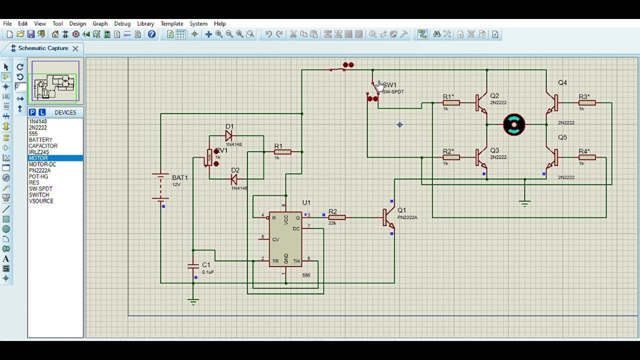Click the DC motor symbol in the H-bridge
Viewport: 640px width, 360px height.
coord(514,125)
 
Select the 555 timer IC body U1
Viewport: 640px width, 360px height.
coord(285,239)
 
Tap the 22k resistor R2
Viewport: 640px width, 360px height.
coord(336,217)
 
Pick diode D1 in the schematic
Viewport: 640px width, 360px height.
coord(229,135)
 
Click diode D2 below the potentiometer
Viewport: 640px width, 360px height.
coord(233,178)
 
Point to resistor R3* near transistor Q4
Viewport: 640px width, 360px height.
coord(587,103)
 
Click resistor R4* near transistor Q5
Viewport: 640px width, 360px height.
coord(587,157)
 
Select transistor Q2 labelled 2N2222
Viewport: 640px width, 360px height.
coord(481,103)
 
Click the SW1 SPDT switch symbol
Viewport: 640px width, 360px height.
coord(374,90)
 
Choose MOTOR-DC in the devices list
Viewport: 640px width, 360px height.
coord(42,164)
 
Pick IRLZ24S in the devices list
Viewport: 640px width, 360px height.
coord(39,152)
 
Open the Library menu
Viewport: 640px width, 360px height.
coord(145,23)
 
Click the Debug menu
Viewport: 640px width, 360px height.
coord(122,23)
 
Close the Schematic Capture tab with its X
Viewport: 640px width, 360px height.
coord(75,48)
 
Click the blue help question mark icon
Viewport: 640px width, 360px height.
coord(152,34)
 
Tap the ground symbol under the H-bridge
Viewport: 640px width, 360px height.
coord(524,202)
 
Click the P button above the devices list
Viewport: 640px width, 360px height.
coord(32,112)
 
